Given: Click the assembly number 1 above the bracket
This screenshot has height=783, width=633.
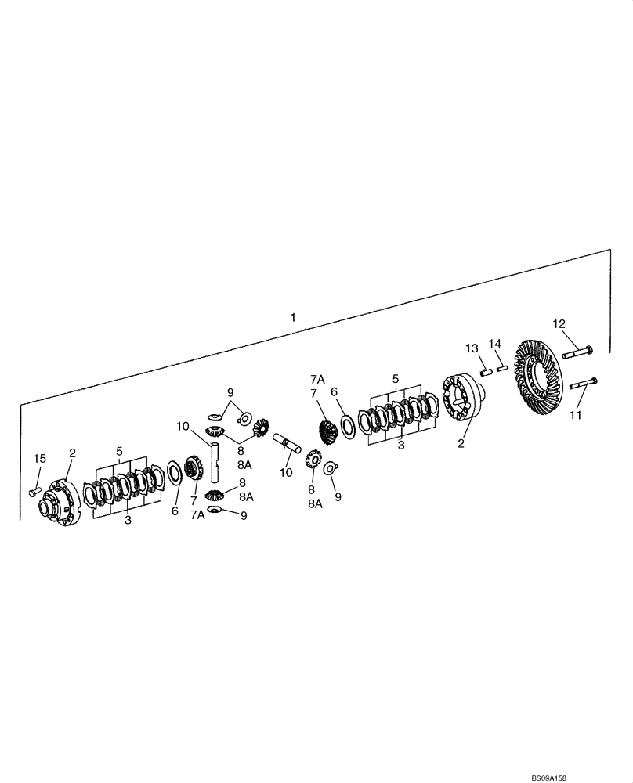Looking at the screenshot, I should point(293,318).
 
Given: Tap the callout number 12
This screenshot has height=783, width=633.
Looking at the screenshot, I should point(559,323).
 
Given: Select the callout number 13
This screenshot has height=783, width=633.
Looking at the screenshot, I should point(472,348).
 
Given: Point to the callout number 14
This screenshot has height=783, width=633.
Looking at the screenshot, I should point(494,344).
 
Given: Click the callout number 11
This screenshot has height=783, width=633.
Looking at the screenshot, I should point(576,415).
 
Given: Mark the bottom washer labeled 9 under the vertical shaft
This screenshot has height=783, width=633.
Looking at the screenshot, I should point(215,511).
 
